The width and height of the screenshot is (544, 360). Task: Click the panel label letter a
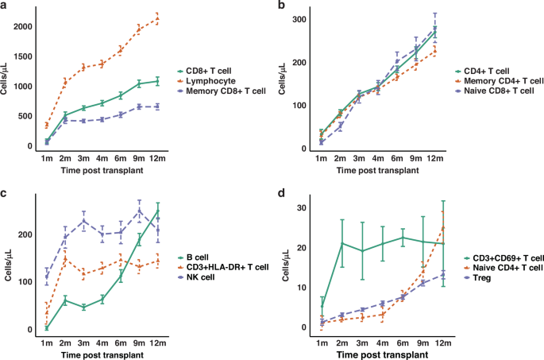[5, 7]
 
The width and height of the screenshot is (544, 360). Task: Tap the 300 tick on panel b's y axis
[300, 19]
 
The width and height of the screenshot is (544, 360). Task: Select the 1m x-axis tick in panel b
[321, 159]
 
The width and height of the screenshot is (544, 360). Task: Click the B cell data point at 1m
[47, 327]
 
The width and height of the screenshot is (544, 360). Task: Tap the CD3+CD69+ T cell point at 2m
[342, 243]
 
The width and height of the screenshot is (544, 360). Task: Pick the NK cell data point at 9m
[139, 211]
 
